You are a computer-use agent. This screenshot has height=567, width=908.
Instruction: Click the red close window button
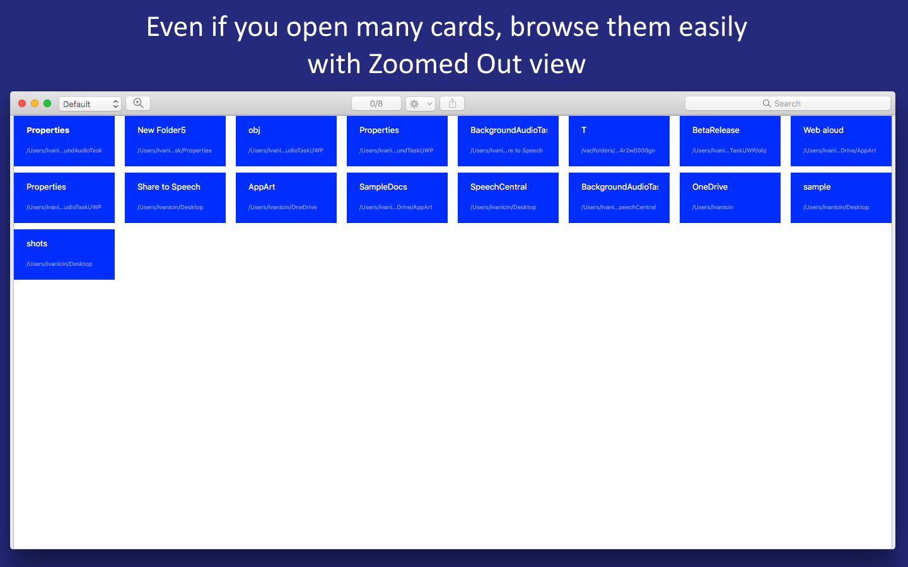22,103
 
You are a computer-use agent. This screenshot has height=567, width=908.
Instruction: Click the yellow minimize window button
35,103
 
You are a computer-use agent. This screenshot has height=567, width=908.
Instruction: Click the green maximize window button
47,103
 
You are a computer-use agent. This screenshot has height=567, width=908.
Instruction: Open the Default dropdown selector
90,104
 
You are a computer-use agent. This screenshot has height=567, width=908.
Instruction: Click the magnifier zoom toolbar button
138,103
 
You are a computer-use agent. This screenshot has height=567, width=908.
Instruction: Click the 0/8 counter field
376,103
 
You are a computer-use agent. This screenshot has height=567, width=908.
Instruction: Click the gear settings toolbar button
420,104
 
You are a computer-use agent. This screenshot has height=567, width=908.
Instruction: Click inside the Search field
788,103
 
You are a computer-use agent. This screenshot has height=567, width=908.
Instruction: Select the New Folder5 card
175,140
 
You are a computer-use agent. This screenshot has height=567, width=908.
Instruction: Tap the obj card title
254,130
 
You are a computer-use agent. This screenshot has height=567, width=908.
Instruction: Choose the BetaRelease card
730,140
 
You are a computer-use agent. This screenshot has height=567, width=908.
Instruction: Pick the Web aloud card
841,140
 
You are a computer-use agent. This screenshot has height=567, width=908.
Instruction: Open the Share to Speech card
175,197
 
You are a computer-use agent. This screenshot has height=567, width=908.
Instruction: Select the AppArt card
286,197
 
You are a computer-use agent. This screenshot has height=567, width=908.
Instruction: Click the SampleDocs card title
383,187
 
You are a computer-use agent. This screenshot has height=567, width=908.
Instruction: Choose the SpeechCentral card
508,197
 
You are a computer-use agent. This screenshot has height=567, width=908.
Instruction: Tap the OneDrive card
730,197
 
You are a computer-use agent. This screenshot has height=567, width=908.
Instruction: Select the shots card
64,254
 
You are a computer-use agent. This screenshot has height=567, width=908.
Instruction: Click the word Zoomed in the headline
418,64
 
